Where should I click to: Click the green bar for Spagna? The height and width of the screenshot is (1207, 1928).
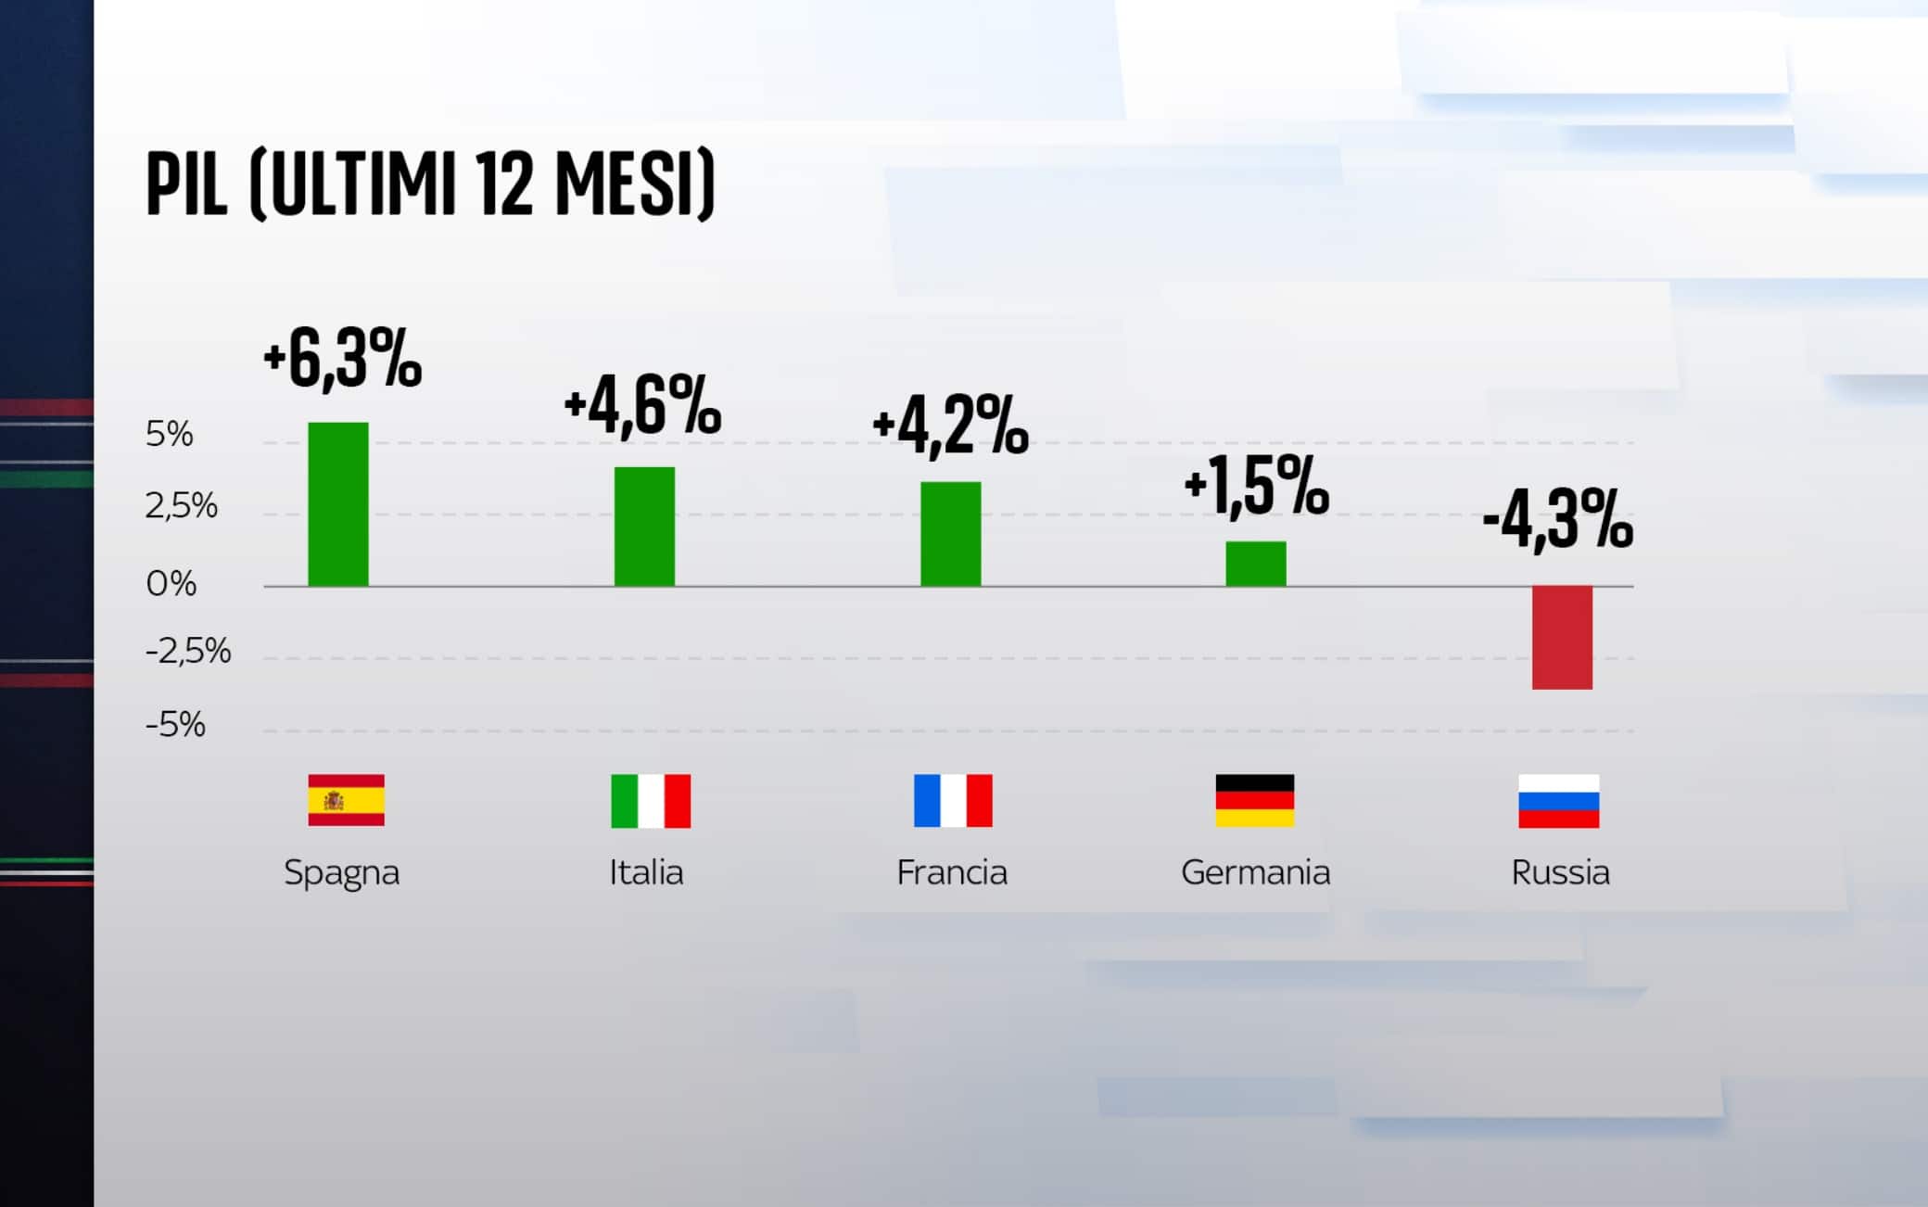338,504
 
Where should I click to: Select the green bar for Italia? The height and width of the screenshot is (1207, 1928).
644,527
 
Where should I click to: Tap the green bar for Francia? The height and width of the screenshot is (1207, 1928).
950,534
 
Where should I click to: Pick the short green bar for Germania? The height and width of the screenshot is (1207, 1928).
1256,564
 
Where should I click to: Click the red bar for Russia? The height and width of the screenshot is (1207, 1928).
1562,637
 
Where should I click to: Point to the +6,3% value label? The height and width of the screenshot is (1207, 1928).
342,360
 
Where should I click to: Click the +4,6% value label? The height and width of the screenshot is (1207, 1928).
642,406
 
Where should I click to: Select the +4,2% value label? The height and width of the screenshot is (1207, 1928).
950,426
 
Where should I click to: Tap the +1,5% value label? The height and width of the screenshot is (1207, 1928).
1256,485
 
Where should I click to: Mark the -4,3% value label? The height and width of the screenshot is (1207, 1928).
1557,521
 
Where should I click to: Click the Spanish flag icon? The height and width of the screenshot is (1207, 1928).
346,800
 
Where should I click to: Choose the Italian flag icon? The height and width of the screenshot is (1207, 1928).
651,801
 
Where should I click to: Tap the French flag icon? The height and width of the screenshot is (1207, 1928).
953,801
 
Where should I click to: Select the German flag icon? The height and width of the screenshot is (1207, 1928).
1255,801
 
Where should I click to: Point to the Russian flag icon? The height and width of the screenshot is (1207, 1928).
1558,801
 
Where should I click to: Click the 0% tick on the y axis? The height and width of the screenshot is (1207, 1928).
171,584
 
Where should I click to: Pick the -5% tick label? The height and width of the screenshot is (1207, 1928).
175,724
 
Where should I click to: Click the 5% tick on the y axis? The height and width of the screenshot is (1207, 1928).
170,434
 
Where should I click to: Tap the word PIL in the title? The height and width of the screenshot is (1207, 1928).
186,185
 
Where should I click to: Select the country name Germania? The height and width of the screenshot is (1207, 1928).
1255,872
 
